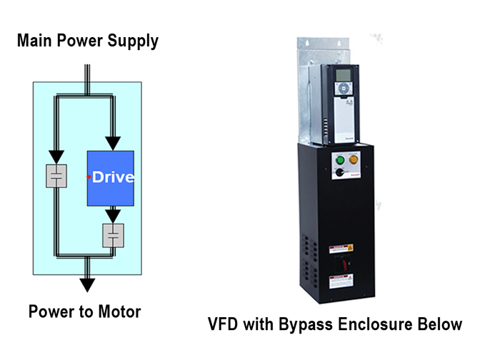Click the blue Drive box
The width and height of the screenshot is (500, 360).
pyautogui.click(x=110, y=178)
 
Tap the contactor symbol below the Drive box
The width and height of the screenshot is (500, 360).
pyautogui.click(x=113, y=236)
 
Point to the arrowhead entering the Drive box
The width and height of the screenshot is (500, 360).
pyautogui.click(x=111, y=144)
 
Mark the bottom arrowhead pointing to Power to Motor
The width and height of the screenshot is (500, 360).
pyautogui.click(x=87, y=284)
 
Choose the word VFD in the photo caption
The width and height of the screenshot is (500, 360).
pyautogui.click(x=224, y=324)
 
